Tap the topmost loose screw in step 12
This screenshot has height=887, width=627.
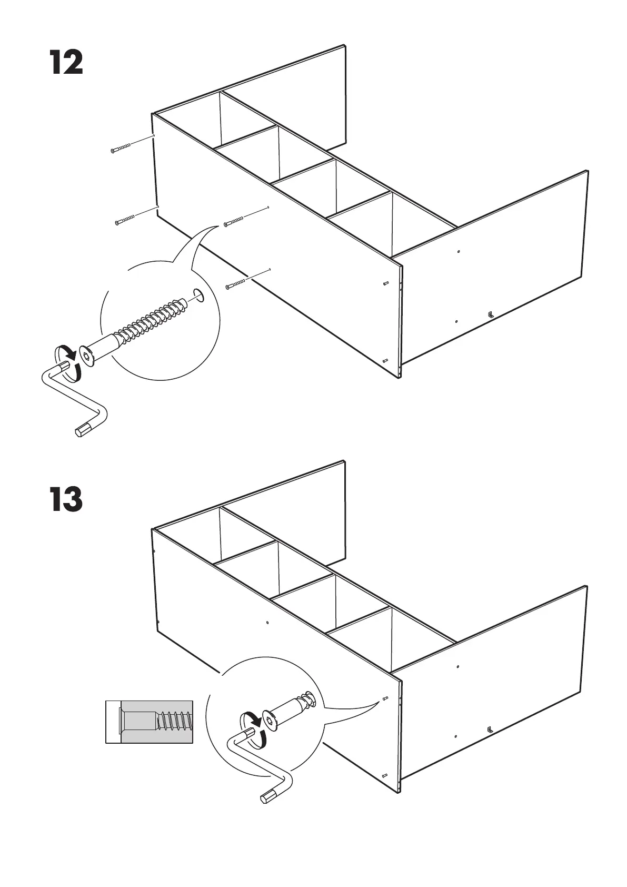coord(121,149)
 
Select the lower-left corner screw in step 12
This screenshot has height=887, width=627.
coord(125,220)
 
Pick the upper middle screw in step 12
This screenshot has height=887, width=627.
coord(235,221)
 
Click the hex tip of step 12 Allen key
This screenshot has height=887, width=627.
coord(82,430)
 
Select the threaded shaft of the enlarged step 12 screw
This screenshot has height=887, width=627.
coord(153,319)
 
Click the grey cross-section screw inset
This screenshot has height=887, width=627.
coord(150,722)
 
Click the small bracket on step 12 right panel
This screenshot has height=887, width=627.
coord(490,314)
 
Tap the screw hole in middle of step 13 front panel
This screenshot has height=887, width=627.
coord(267,622)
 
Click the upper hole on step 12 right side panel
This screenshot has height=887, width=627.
coord(459,252)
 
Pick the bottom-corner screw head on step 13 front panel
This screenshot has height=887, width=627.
coord(384,776)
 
